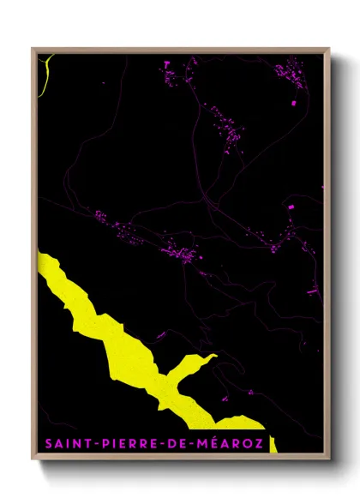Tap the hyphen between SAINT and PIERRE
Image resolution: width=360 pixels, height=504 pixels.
96,444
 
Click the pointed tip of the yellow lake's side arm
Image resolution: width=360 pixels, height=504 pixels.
215,356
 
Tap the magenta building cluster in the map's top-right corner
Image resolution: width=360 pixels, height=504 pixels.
291,74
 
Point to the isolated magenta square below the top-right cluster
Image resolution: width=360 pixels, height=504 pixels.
294,103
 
